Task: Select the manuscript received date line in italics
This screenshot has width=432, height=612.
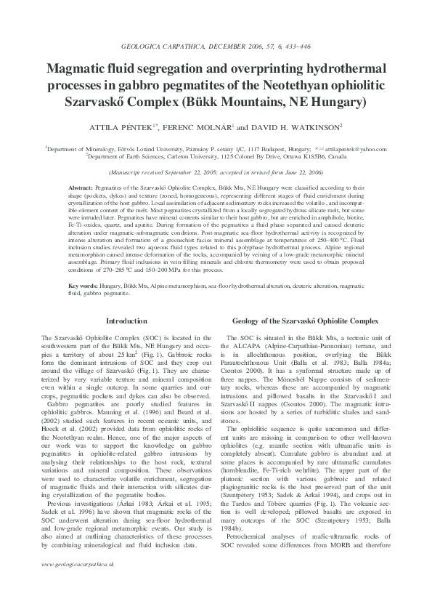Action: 216,173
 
